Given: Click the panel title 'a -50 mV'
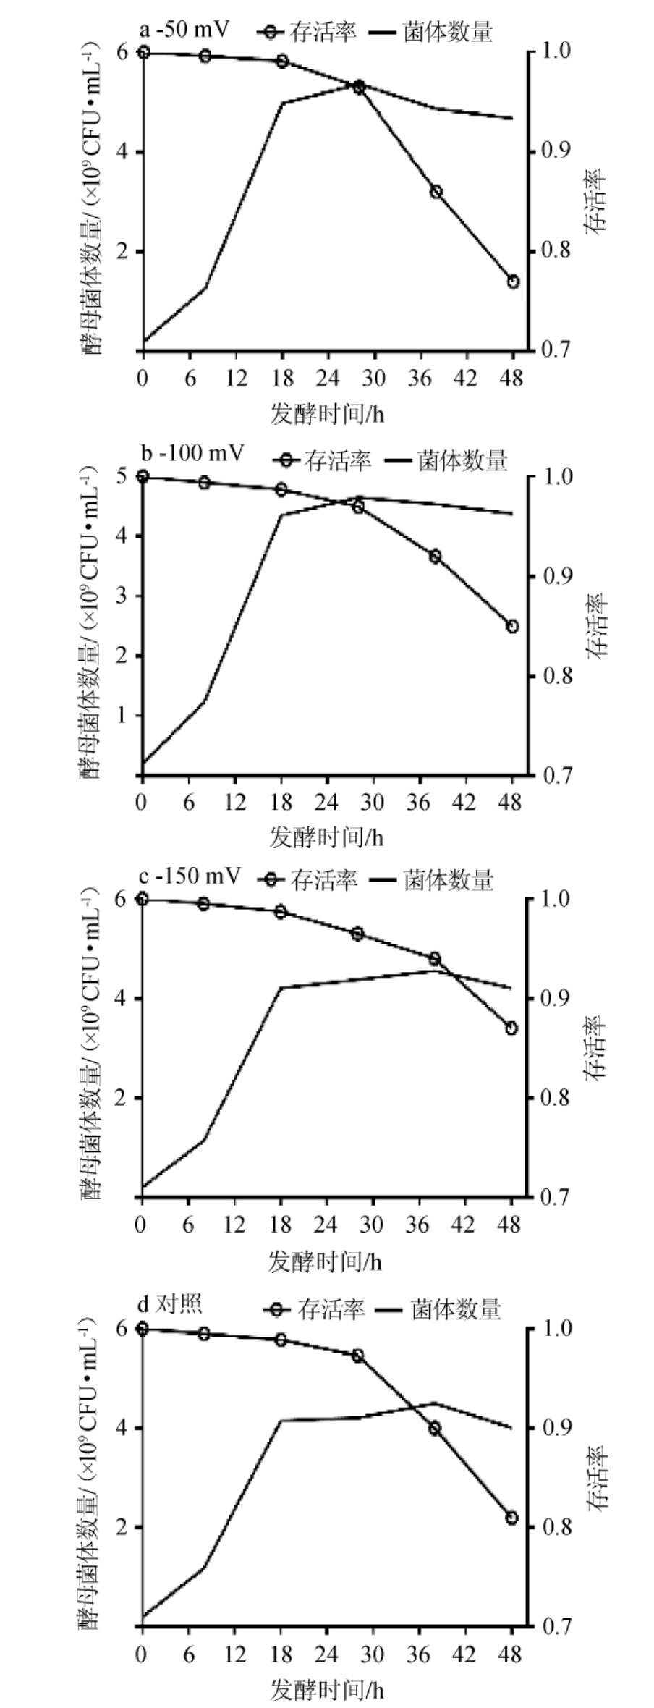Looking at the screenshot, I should tap(184, 30).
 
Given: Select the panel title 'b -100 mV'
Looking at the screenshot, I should tap(192, 454).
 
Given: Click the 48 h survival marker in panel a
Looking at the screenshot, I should tap(513, 282).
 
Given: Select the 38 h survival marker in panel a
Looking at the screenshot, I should tap(436, 192).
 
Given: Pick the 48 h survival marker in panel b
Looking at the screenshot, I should tap(512, 626).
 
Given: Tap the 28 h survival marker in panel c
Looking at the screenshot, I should tap(357, 934).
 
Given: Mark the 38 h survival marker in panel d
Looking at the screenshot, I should tap(435, 1428).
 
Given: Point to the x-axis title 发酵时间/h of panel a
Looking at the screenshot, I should tap(327, 414).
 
